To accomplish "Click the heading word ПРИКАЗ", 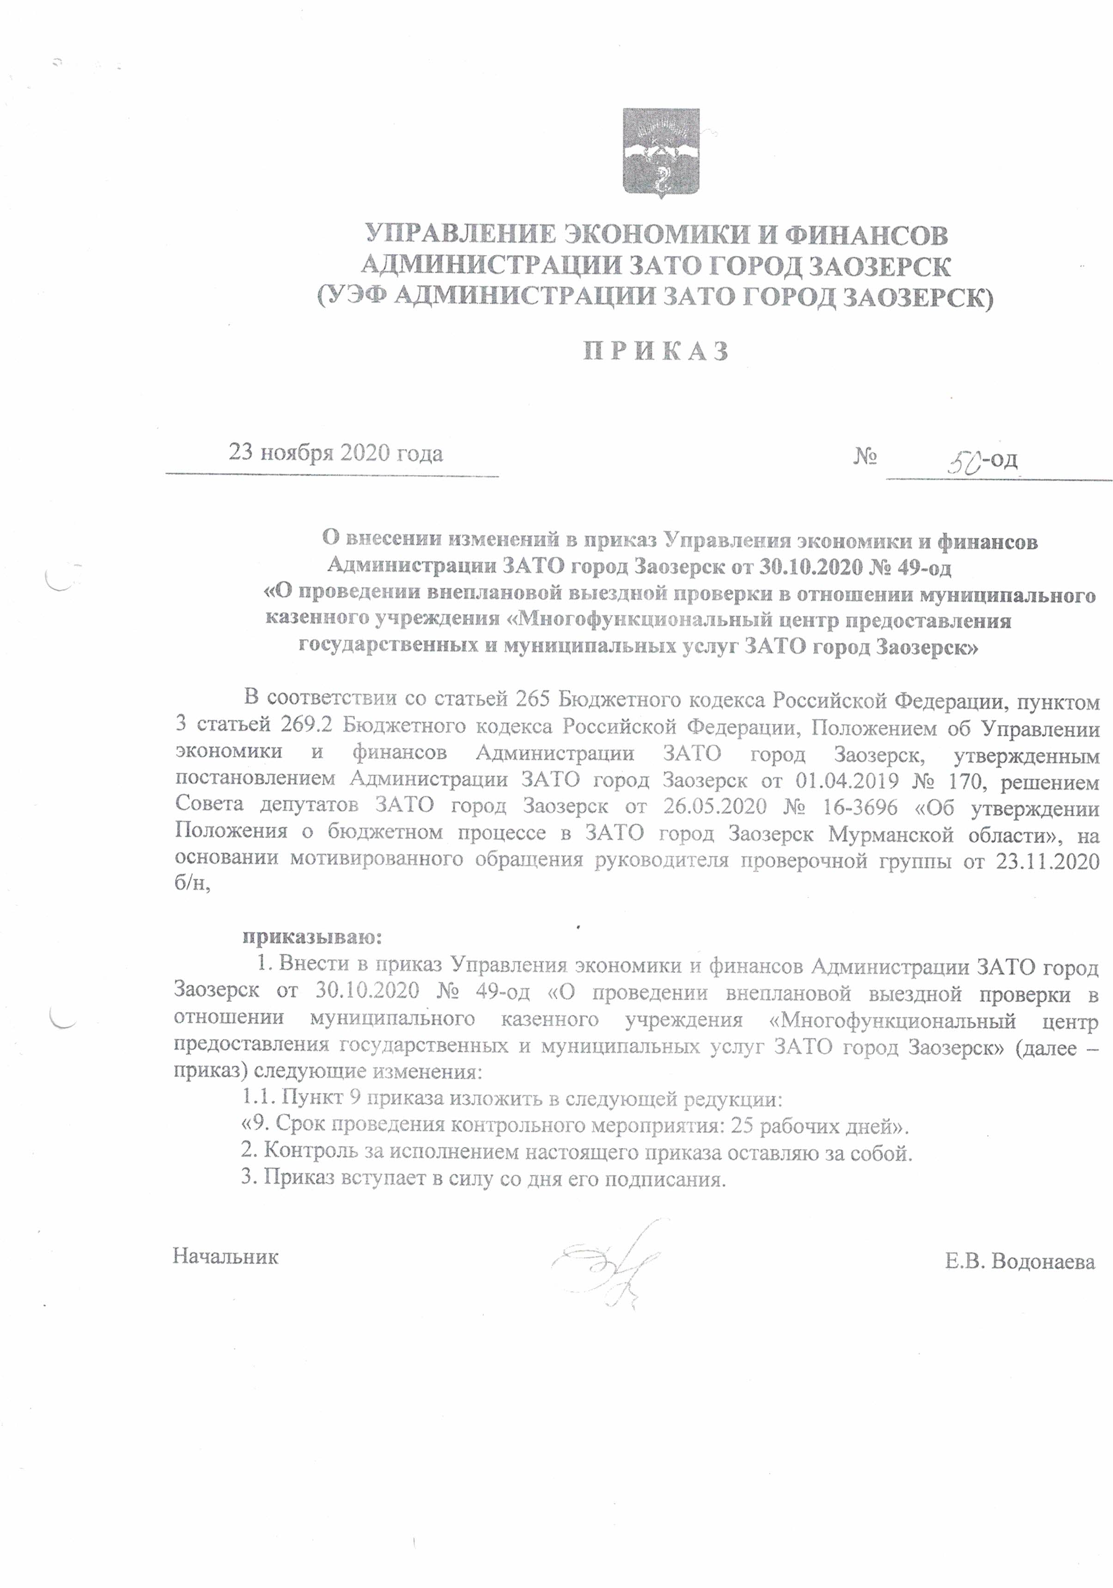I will [x=655, y=351].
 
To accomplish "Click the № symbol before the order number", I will [x=865, y=457].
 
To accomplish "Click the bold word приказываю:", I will [x=312, y=938].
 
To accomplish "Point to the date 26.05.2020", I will [x=715, y=807].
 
